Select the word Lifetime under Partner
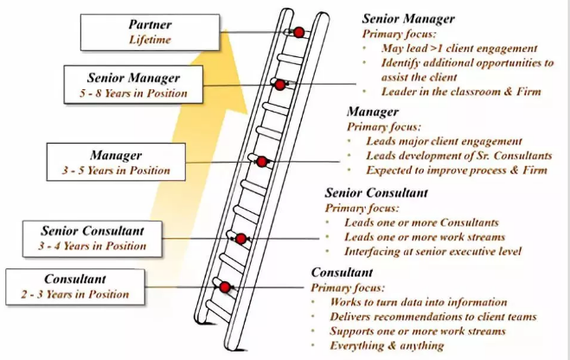tap(151, 40)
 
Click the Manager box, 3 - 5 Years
tap(115, 163)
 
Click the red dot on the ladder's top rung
tap(298, 32)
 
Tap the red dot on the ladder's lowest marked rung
tap(224, 286)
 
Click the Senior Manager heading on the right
tap(407, 19)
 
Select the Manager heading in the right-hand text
tap(373, 112)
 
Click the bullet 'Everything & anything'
tap(387, 345)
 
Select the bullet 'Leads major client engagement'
tap(445, 140)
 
